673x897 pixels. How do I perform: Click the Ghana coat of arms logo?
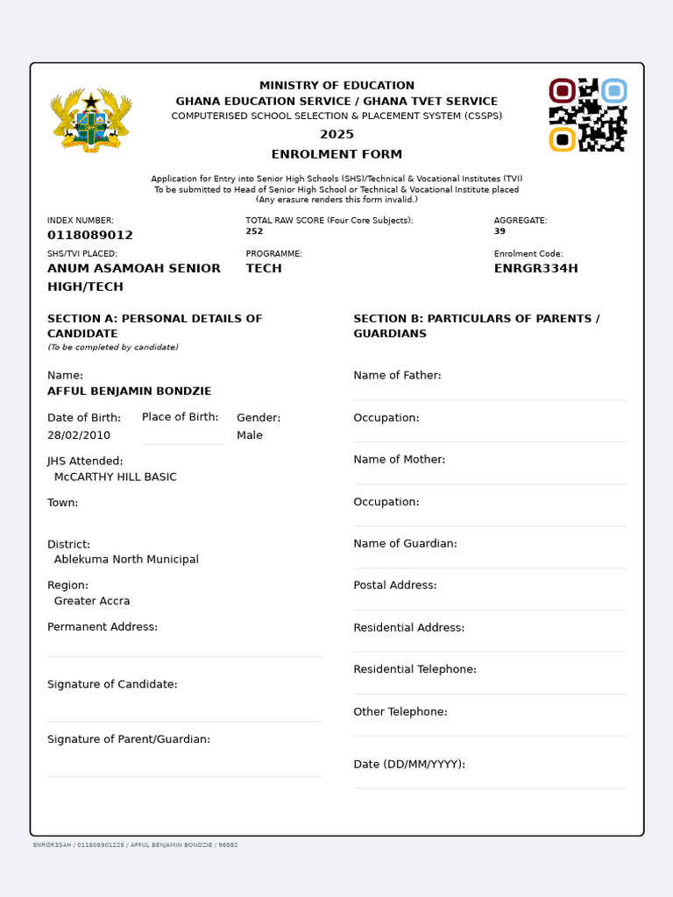pos(91,120)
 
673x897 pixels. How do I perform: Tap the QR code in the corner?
pos(587,115)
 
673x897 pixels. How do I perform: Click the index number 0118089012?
pos(90,236)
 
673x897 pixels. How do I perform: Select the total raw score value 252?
pos(254,231)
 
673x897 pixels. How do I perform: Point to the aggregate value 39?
pos(499,231)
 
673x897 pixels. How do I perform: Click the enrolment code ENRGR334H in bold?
pos(536,269)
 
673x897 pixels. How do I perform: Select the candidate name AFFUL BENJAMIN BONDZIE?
pos(129,392)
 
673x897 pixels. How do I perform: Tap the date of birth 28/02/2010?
pos(79,435)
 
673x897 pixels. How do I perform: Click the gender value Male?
pos(250,435)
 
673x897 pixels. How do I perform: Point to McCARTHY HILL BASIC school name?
pos(116,477)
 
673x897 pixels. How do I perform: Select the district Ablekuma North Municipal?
pos(126,560)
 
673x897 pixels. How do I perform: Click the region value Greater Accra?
pos(92,602)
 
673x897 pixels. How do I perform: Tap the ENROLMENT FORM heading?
pos(336,154)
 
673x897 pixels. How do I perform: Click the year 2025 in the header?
pos(336,134)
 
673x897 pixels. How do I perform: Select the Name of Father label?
pos(397,376)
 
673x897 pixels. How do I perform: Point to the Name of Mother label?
pos(399,460)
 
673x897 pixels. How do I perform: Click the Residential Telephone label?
pos(414,670)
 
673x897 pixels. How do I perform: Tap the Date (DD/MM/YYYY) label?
pos(409,765)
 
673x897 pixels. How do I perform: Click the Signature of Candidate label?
pos(112,685)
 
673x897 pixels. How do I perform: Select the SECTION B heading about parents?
pos(476,326)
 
